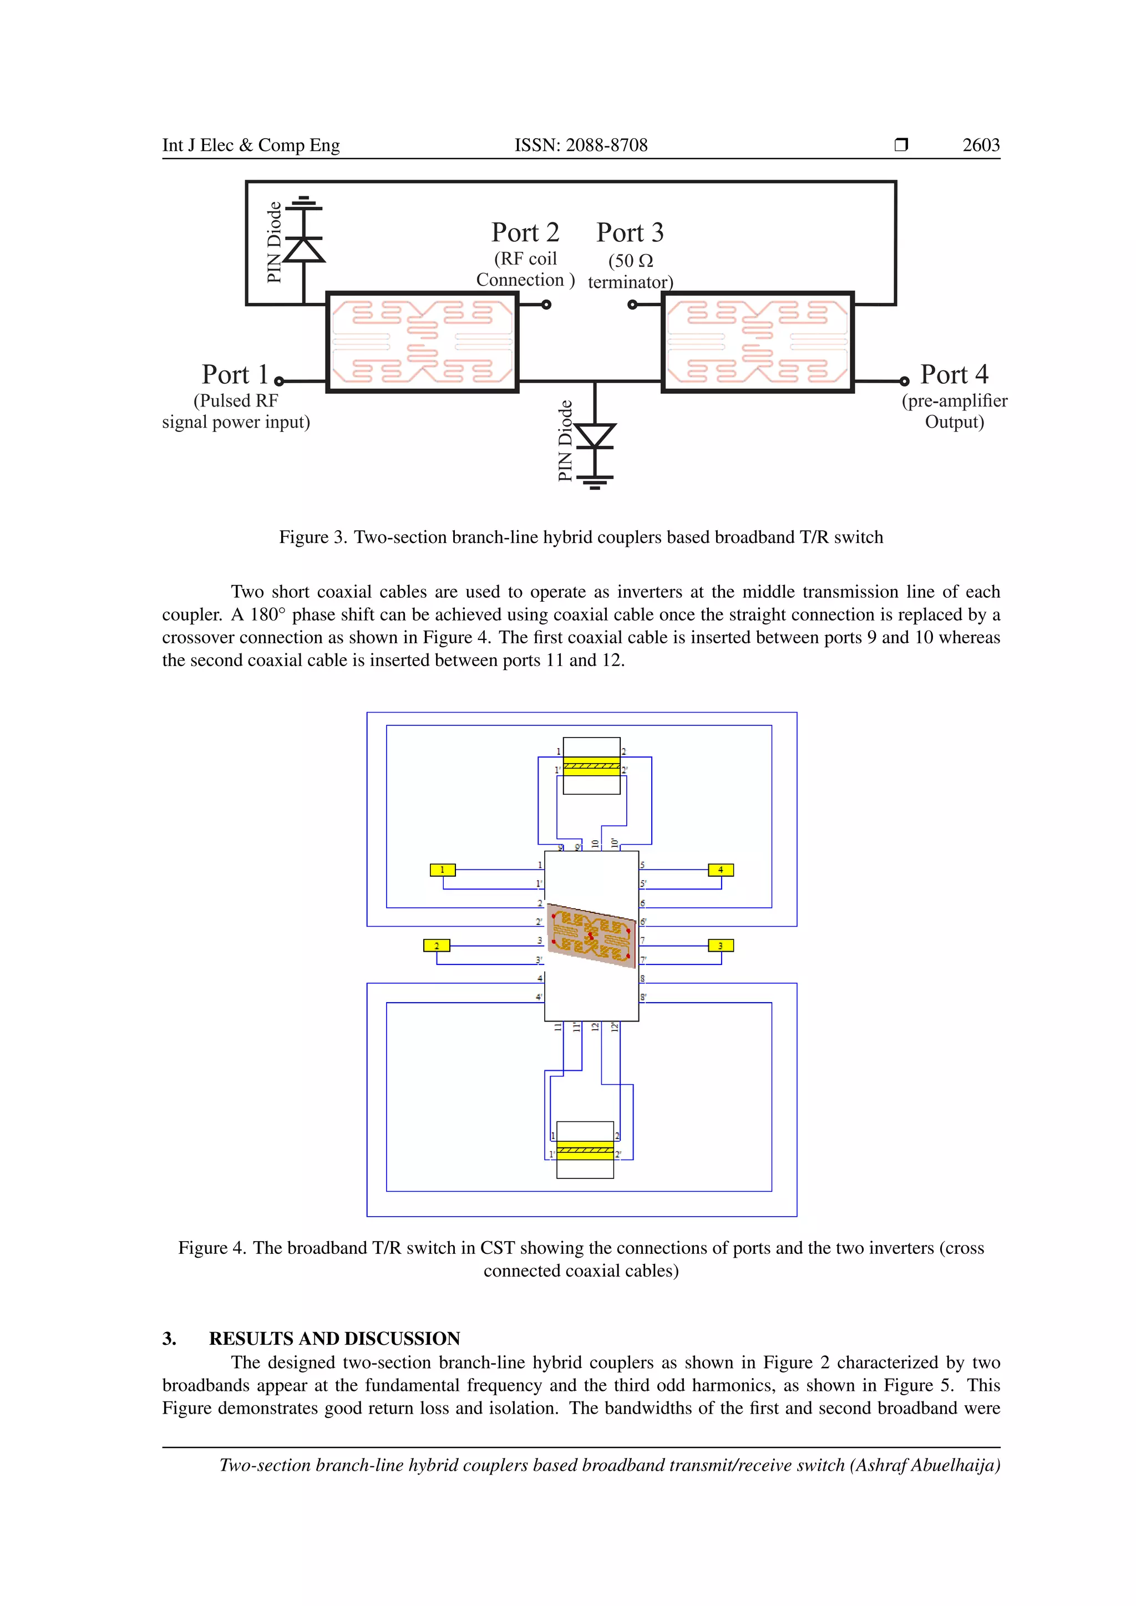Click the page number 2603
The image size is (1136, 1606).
click(980, 145)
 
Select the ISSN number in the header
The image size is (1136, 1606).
click(581, 145)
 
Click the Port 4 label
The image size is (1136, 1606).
click(954, 374)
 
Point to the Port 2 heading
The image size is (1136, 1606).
click(525, 232)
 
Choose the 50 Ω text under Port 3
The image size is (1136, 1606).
click(630, 261)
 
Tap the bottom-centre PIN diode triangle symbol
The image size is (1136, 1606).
click(595, 435)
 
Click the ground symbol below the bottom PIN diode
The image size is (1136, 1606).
click(595, 482)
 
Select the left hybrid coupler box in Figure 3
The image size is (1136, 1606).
click(422, 343)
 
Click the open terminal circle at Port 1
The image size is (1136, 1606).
click(279, 381)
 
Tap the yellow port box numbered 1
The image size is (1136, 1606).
click(442, 870)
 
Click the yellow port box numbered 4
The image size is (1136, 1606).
click(721, 870)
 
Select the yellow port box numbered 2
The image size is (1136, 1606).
click(437, 946)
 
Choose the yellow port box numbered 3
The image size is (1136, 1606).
click(721, 946)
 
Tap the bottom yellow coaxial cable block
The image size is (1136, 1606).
click(585, 1151)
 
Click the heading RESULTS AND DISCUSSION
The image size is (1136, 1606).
click(334, 1338)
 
